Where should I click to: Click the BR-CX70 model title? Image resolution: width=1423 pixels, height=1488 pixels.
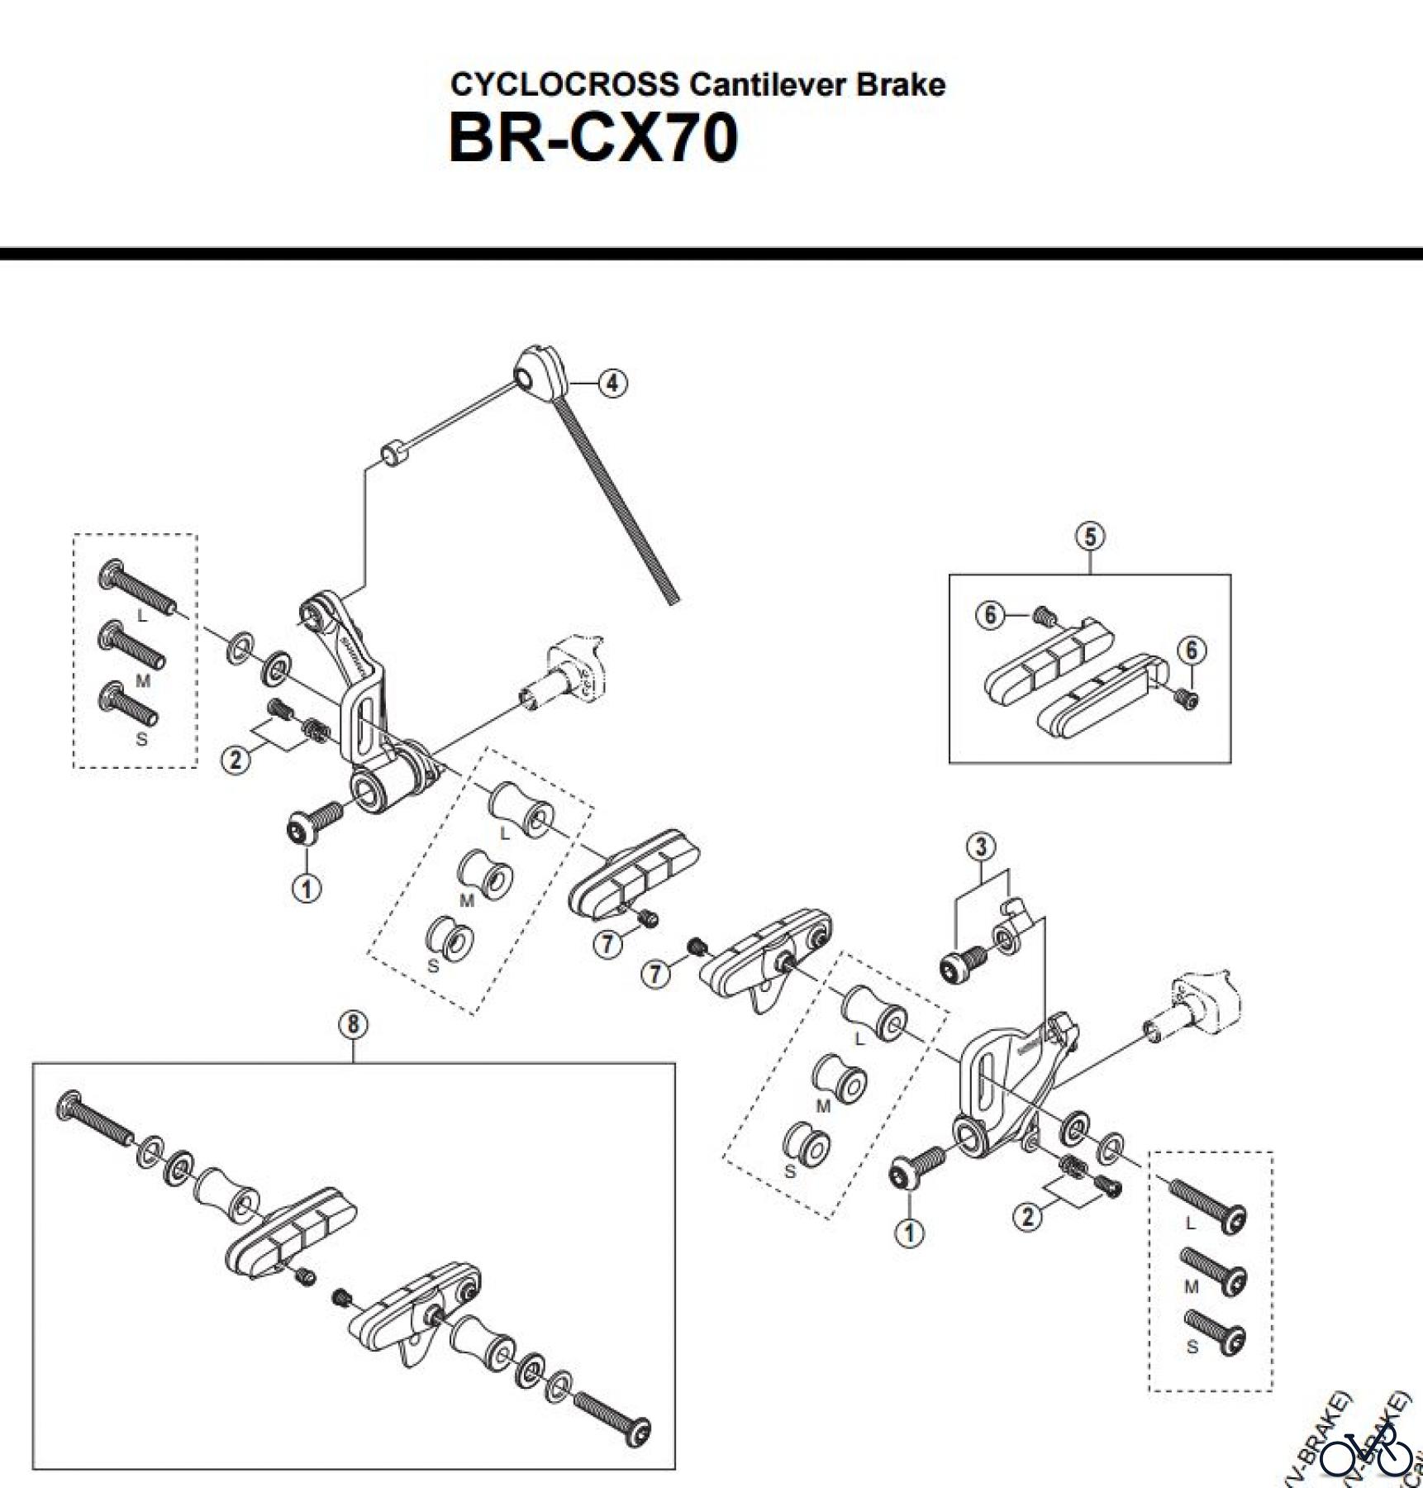coord(593,138)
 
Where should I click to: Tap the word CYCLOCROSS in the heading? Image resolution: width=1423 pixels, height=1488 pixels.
coord(564,84)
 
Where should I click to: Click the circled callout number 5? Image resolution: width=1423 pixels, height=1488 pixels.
coord(1090,537)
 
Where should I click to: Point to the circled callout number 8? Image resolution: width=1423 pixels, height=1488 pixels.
coord(353,1025)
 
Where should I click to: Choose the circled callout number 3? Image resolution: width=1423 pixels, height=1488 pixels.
coord(981,847)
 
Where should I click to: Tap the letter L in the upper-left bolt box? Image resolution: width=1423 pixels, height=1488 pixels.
coord(141,616)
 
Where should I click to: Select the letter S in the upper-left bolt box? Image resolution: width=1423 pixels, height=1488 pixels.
coord(141,739)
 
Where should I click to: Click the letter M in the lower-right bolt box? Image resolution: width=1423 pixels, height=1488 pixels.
coord(1191,1287)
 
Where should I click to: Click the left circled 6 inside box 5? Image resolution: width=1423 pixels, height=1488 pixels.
coord(990,615)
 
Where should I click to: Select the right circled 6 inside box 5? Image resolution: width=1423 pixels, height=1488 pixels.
coord(1191,651)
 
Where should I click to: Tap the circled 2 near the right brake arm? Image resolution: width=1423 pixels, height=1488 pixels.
coord(1027,1217)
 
